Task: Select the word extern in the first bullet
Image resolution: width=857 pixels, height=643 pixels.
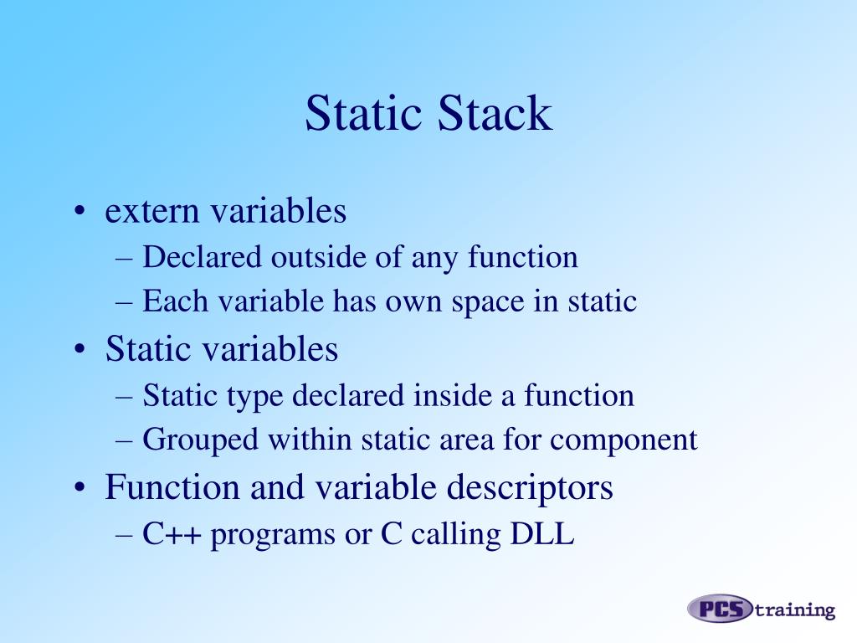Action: [151, 211]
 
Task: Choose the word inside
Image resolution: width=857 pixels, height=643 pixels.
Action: [454, 395]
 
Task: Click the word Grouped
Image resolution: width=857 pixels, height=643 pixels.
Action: [192, 440]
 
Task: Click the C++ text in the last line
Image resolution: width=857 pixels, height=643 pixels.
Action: [172, 534]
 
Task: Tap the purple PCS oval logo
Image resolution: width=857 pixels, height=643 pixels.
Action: [721, 609]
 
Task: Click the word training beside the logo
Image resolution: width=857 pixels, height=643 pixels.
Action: [795, 610]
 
